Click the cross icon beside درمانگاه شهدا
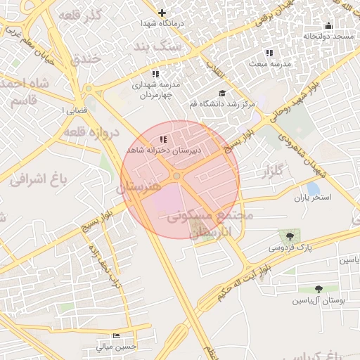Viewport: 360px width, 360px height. pos(162,13)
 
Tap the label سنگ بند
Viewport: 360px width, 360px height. pos(158,46)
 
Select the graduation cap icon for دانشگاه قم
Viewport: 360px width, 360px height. pos(223,94)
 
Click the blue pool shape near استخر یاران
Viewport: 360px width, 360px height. pos(313,188)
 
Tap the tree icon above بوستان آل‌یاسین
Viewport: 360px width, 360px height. pos(320,289)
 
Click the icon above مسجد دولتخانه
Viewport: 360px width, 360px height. pos(328,25)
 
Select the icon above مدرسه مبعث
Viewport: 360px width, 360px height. pos(269,52)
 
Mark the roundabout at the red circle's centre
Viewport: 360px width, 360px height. pos(177,176)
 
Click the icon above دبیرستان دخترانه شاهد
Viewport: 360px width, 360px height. pos(163,139)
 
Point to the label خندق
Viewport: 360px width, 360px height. pos(86,59)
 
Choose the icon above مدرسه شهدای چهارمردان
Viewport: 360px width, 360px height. pos(155,74)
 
